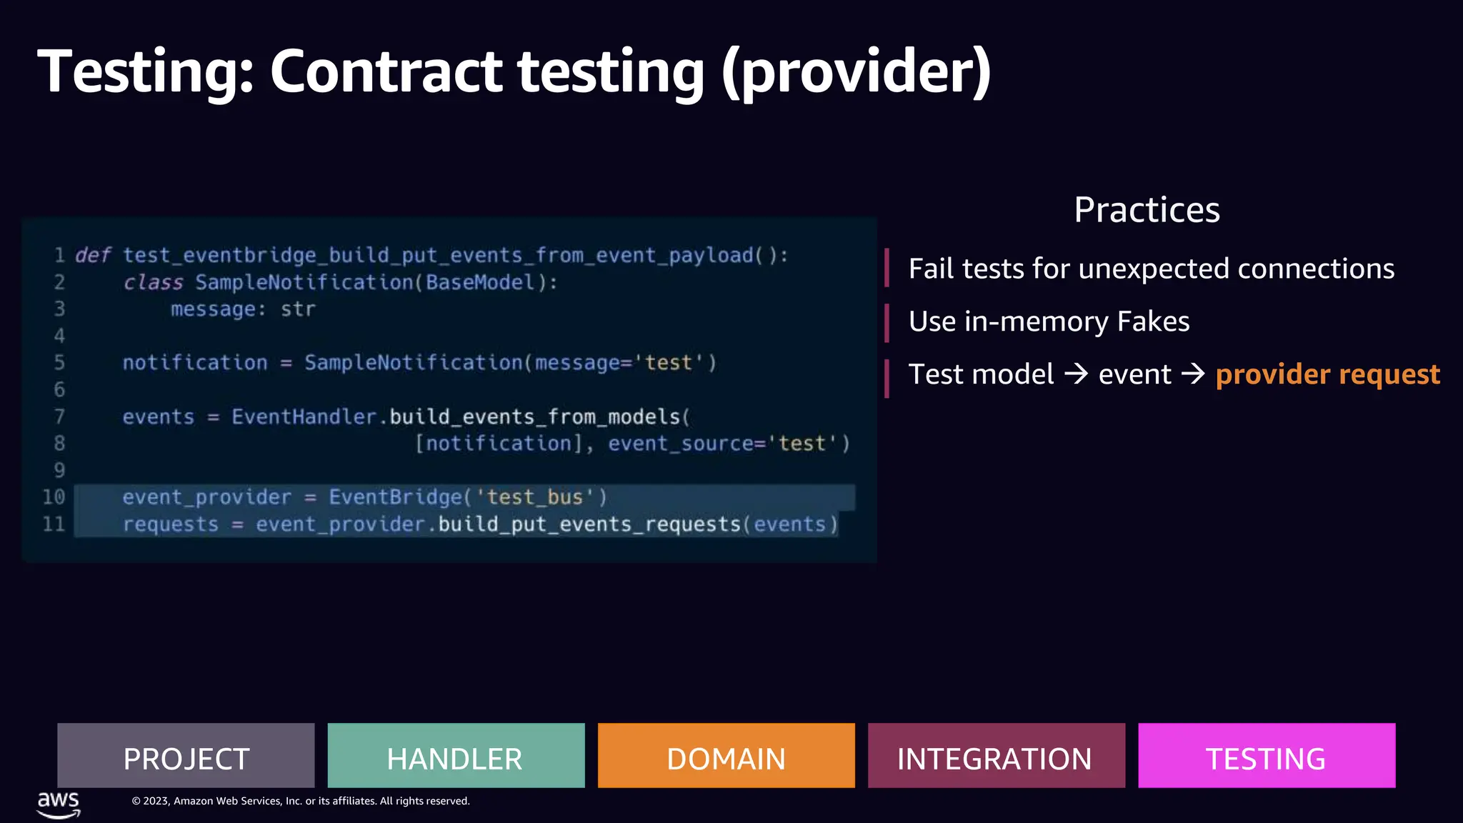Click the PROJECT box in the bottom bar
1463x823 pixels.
pos(186,756)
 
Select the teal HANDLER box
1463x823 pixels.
pos(456,756)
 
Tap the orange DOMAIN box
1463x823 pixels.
pos(726,756)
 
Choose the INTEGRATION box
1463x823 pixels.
pos(996,756)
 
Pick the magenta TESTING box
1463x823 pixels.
pos(1266,756)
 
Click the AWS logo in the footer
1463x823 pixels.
pos(59,804)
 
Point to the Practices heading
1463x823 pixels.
pos(1147,210)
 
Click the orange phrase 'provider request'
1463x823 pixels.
pos(1327,374)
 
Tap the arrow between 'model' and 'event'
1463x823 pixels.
pos(1076,374)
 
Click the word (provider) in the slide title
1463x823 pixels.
pos(856,71)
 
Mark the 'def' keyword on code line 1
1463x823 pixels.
pos(93,255)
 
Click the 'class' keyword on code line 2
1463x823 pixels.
pos(153,282)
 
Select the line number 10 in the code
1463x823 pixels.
pos(54,497)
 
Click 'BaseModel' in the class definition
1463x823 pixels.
pos(480,282)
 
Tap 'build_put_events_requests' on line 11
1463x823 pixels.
pos(589,524)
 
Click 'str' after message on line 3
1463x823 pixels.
pos(298,309)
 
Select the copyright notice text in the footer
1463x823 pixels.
pos(300,801)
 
